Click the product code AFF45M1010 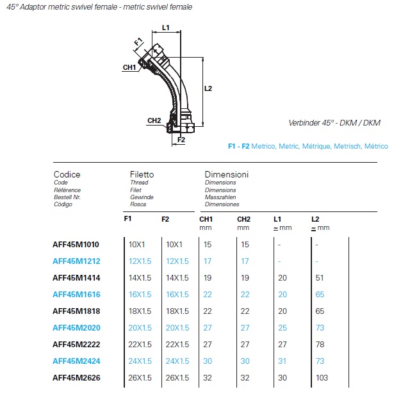(76, 244)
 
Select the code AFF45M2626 (76, 377)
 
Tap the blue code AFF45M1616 (76, 294)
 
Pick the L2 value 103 (322, 377)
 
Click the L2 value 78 (320, 344)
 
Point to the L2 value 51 (320, 277)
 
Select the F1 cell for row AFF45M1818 (140, 311)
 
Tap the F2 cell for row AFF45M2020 (177, 327)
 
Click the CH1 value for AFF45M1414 (207, 277)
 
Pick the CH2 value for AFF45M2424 (244, 361)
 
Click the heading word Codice (67, 174)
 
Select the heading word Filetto (142, 174)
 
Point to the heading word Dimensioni (226, 174)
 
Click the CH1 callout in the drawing (129, 67)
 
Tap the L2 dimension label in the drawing (208, 88)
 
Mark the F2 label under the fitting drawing (181, 139)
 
